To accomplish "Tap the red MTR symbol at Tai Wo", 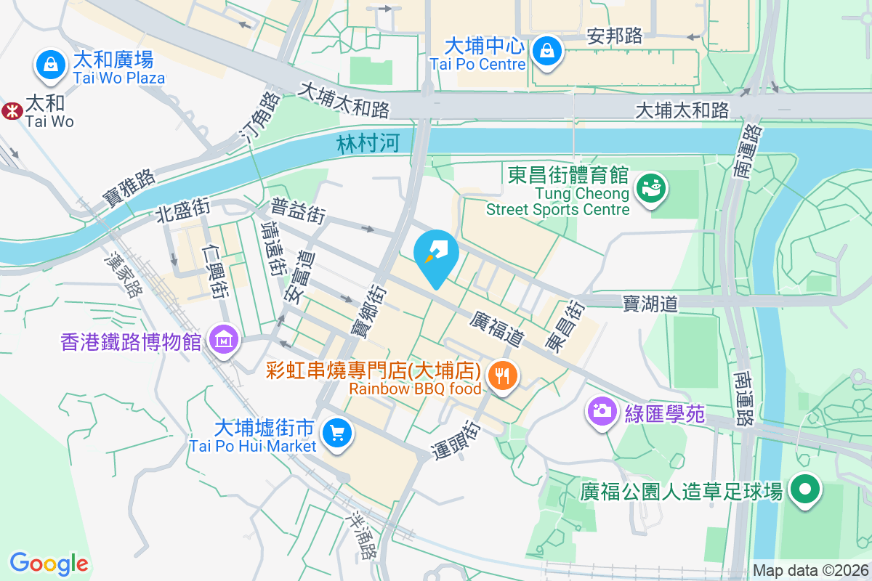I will (x=11, y=111).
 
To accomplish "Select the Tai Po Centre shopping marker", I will (x=544, y=51).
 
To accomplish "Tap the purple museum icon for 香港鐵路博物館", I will (x=223, y=339).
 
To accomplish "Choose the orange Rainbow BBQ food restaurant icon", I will (x=502, y=376).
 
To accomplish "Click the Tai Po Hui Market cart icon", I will (x=336, y=434).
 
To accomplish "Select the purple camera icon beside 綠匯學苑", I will (x=601, y=410).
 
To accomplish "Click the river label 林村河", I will (x=368, y=143).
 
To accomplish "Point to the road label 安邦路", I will (x=615, y=36).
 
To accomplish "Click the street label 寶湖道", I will (x=650, y=304).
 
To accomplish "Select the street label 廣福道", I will (x=497, y=328).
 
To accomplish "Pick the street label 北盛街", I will (x=182, y=210).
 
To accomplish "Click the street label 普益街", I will (x=298, y=211).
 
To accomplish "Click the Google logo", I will (x=49, y=563).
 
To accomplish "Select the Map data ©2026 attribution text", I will (x=810, y=570).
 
